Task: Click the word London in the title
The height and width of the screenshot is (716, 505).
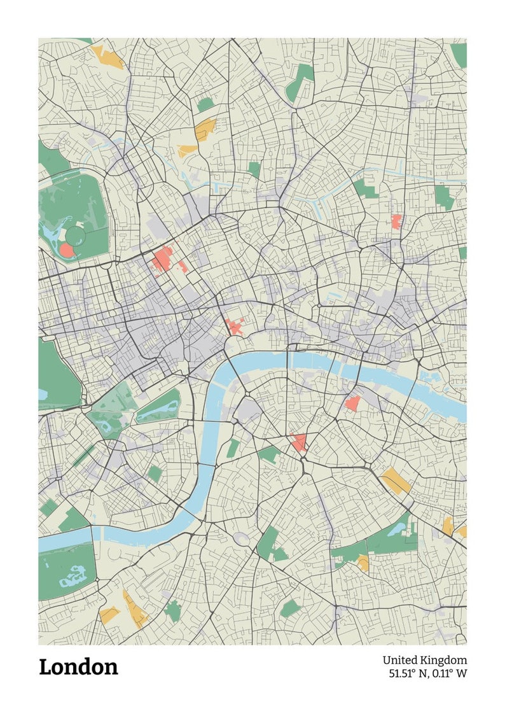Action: (x=78, y=667)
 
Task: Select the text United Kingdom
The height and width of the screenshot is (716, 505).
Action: (x=424, y=660)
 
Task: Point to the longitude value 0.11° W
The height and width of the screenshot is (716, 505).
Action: (x=450, y=673)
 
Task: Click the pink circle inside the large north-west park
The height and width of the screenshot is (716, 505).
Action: (x=67, y=249)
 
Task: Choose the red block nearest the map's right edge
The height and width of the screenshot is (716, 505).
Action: (x=396, y=221)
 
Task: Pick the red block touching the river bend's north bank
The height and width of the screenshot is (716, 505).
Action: (x=234, y=327)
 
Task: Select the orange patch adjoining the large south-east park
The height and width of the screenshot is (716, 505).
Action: (x=363, y=562)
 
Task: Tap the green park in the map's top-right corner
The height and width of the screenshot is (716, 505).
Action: (x=459, y=55)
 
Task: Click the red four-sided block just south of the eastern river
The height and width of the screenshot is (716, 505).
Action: (x=352, y=403)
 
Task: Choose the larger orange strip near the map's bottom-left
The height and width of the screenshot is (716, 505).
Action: (x=135, y=609)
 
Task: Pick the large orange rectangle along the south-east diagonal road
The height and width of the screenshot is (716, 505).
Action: (x=396, y=481)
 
